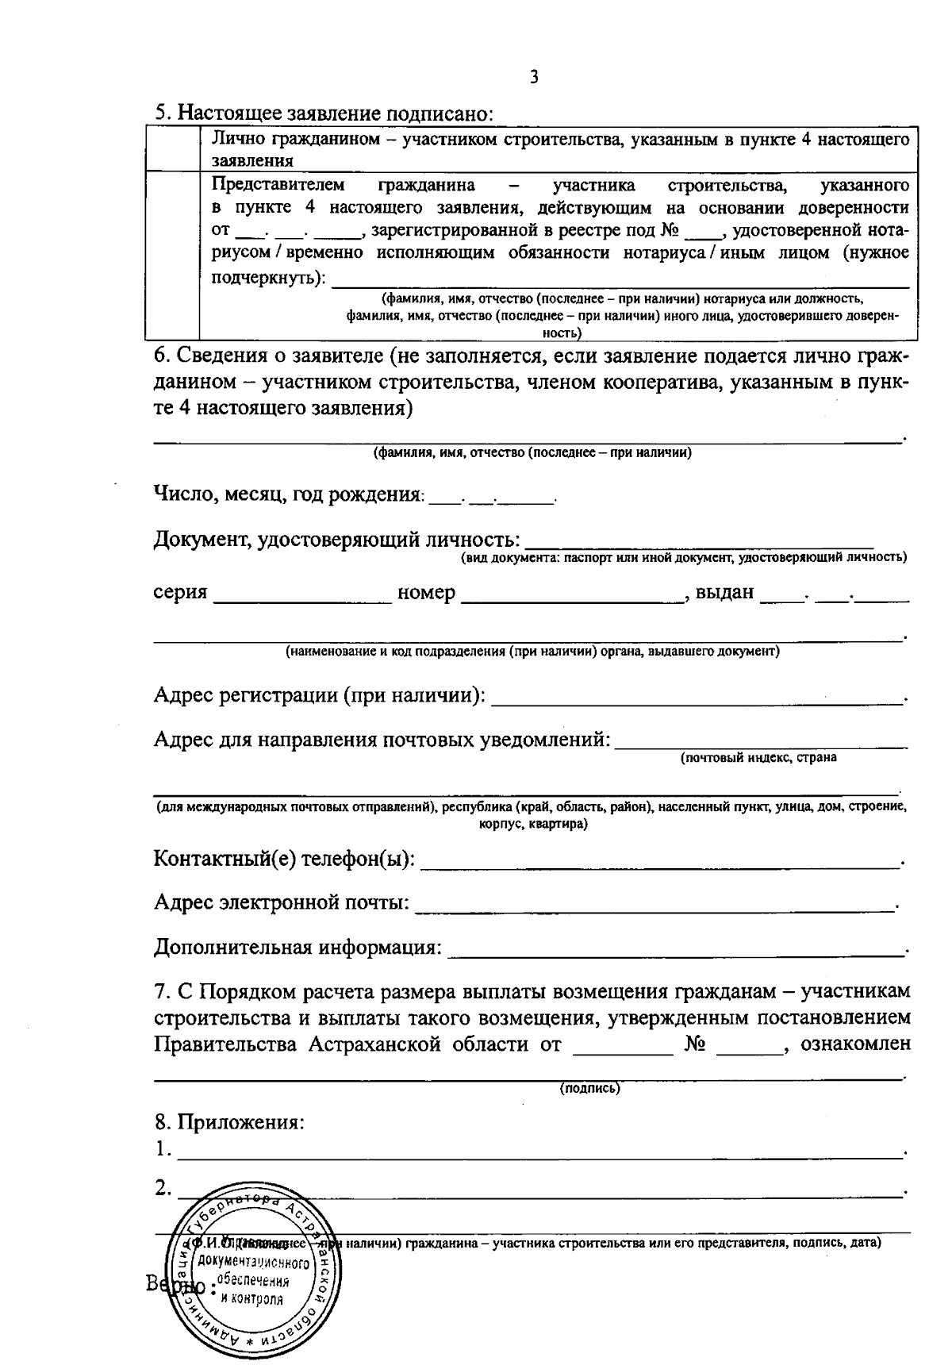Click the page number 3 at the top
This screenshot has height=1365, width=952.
[534, 77]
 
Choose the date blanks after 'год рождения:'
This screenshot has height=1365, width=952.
[492, 499]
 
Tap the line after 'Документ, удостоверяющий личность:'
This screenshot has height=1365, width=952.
[698, 544]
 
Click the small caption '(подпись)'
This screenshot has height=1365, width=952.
[590, 1089]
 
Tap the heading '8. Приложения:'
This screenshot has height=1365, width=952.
[230, 1123]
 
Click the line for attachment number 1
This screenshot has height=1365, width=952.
[539, 1153]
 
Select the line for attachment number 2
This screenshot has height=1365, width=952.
[539, 1192]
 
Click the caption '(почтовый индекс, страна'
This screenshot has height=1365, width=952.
[758, 757]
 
